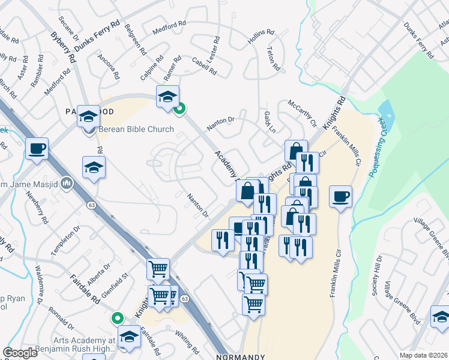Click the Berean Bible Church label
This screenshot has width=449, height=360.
tap(136, 129)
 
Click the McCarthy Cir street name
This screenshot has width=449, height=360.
tap(302, 113)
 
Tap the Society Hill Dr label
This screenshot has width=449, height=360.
tap(377, 275)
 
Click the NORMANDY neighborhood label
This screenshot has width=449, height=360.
tap(240, 356)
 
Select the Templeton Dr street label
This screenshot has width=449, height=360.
tap(66, 241)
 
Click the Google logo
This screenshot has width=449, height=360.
tap(20, 353)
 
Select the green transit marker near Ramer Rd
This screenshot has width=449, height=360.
tap(179, 109)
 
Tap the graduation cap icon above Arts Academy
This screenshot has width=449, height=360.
tap(129, 337)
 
